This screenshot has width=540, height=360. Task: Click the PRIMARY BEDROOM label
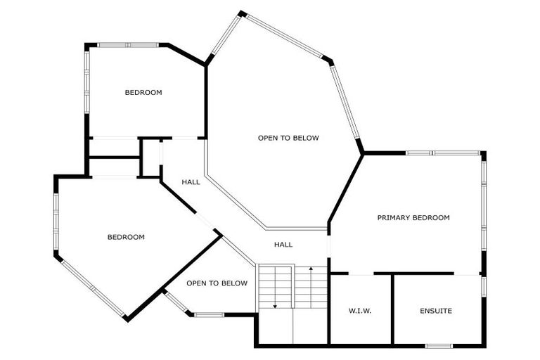(413, 218)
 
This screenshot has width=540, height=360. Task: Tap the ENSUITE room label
(436, 311)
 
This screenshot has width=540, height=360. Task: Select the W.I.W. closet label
(360, 311)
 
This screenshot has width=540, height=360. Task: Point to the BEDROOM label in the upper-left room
(143, 93)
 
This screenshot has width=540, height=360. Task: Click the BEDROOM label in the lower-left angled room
(126, 238)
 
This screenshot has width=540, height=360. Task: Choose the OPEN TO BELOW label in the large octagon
(288, 138)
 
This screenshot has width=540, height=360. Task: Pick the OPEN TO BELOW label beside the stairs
(217, 283)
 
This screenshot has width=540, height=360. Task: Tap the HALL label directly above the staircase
(283, 245)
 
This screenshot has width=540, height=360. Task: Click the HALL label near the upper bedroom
(191, 182)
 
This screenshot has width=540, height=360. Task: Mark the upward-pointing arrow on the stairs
(311, 271)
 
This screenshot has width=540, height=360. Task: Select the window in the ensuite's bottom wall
(439, 345)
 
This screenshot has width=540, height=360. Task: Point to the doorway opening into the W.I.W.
(361, 274)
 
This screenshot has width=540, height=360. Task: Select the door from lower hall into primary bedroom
(328, 245)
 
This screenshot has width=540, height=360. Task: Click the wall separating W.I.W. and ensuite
(392, 309)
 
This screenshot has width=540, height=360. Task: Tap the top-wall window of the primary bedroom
(443, 153)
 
